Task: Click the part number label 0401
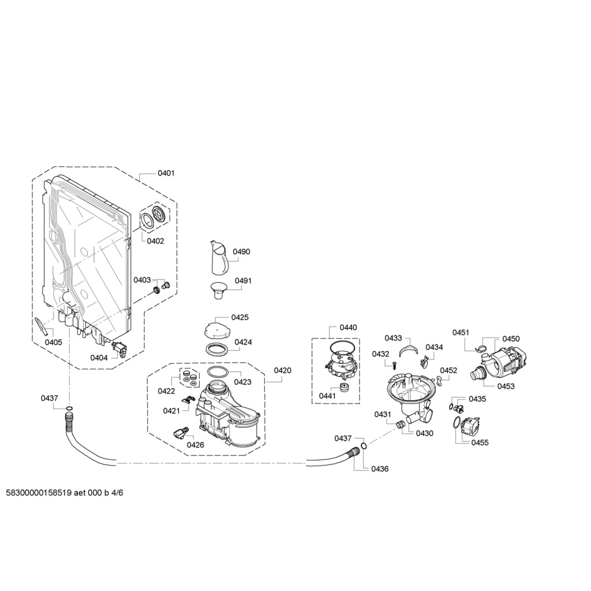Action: tap(166, 173)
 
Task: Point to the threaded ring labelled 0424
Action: tap(218, 349)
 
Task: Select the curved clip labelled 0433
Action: tap(409, 349)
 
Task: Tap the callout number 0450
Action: tap(511, 339)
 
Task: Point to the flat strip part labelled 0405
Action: tap(41, 327)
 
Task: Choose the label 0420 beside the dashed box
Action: tap(282, 371)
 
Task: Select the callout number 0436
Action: tap(380, 469)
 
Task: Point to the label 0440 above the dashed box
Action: tap(348, 328)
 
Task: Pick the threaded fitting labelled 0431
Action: tap(401, 424)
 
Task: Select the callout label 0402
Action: tap(155, 241)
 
